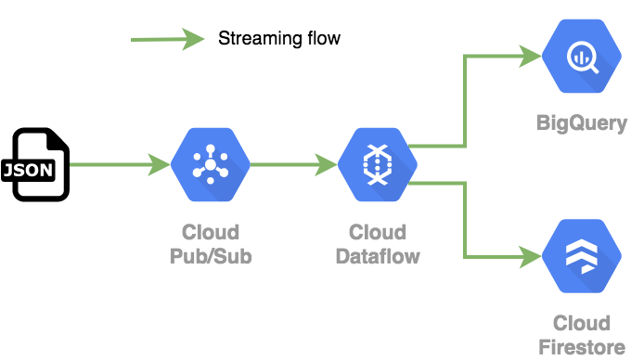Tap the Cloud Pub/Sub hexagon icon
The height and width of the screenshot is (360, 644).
coord(211,165)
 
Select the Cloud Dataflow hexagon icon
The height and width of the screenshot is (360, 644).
coord(377,165)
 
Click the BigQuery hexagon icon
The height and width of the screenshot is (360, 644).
coord(582,57)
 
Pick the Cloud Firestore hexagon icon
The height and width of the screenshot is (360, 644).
coord(582,257)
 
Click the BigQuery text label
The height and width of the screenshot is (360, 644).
coord(582,122)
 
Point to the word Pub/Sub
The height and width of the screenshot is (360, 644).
coord(211,255)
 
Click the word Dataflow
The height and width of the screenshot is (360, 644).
coord(377,255)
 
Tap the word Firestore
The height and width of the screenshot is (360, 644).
coord(582,347)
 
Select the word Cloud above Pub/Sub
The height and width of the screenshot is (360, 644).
coord(211,232)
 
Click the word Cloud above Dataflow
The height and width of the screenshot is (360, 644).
coord(377,232)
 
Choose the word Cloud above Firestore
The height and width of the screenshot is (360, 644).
coord(582,324)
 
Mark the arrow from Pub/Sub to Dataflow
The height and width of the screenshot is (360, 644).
coord(293,165)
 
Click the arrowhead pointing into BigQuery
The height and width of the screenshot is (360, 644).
coord(532,56)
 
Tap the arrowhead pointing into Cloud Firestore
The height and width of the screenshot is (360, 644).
coord(532,256)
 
